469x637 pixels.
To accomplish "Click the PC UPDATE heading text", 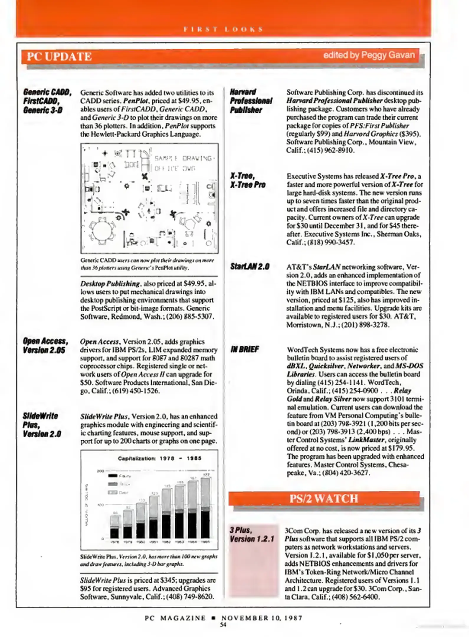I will pos(59,56).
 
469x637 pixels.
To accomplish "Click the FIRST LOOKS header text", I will pos(223,29).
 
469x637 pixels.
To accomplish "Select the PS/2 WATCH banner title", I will pos(324,498).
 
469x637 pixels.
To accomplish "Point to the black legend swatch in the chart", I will pos(113,475).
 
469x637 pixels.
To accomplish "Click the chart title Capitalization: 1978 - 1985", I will pos(159,458).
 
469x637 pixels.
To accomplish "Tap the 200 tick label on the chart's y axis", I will pos(101,471).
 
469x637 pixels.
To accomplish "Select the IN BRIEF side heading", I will pos(245,349).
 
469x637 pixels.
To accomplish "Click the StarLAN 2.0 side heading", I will pos(250,267).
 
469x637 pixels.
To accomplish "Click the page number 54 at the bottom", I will pos(223,624).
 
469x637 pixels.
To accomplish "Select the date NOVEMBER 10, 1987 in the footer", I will pos(262,618).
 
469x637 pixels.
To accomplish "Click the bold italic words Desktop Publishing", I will pos(110,284).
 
